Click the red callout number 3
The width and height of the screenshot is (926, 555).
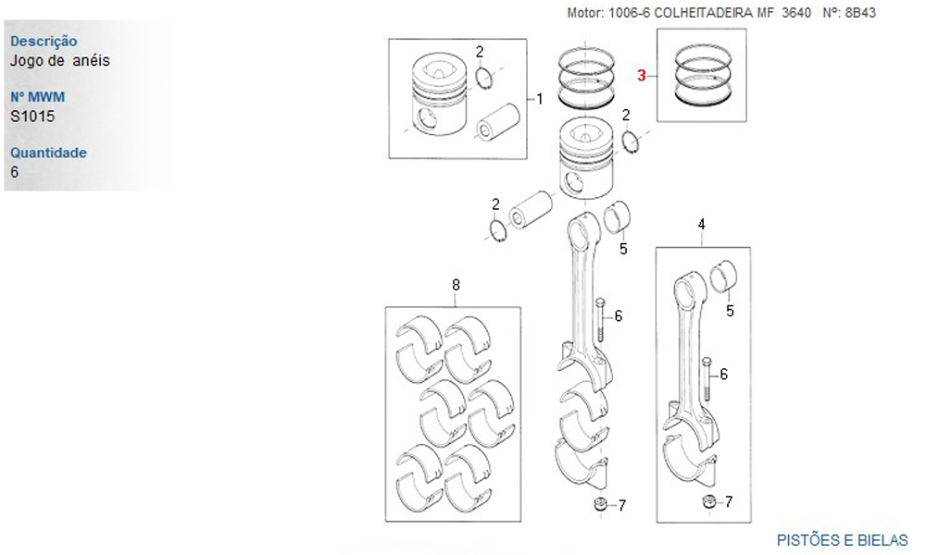[642, 76]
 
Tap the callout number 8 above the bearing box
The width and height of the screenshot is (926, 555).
[456, 285]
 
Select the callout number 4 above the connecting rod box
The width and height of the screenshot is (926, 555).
[702, 224]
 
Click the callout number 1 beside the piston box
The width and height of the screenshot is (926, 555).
[539, 99]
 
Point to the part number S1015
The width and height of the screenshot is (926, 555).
[32, 117]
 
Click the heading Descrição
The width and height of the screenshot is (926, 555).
[44, 42]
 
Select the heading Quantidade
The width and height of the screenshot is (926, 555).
[48, 153]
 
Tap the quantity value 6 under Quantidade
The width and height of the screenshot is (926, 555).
[14, 172]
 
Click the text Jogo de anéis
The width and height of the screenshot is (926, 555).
[60, 60]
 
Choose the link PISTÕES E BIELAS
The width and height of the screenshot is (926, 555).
[842, 540]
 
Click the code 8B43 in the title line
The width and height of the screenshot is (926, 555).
[860, 13]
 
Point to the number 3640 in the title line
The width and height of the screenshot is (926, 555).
[796, 13]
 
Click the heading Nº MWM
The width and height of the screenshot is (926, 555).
[38, 97]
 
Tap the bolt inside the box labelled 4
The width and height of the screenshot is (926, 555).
[707, 381]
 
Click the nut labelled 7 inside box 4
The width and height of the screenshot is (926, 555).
[708, 501]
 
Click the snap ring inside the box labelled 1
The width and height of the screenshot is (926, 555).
[484, 78]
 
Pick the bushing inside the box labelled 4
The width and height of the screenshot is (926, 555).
[725, 277]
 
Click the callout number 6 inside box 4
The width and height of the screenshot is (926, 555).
[723, 374]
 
